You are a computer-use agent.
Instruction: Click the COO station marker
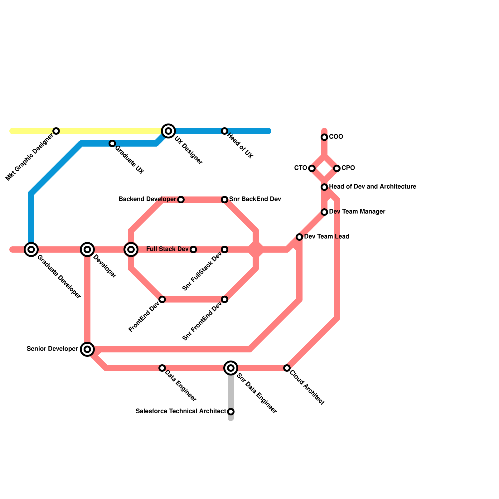[x=324, y=137]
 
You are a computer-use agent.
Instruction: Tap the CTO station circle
[x=312, y=168]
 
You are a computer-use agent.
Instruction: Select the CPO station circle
[x=337, y=168]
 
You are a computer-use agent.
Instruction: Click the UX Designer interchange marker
[x=168, y=131]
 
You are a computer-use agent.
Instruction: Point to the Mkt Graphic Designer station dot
[x=56, y=131]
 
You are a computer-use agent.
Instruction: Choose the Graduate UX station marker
[x=112, y=143]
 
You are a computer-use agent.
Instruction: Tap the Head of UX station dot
[x=225, y=131]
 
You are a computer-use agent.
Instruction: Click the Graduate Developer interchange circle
[x=31, y=249]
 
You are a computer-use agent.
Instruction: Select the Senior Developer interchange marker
[x=87, y=349]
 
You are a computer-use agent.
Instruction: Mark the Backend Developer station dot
[x=181, y=200]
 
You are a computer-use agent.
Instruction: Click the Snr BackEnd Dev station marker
[x=225, y=200]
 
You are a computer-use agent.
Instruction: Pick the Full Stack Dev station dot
[x=193, y=249]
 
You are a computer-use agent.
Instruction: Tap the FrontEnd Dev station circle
[x=162, y=299]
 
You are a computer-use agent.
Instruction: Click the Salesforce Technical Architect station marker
[x=231, y=412]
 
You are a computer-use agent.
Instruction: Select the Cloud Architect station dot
[x=287, y=368]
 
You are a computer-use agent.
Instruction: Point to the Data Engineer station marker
[x=162, y=368]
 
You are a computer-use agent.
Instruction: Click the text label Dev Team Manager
[x=357, y=212]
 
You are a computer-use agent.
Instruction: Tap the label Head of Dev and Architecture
[x=372, y=187]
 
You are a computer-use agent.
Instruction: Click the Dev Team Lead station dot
[x=299, y=237]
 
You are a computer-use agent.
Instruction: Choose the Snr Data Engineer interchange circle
[x=231, y=368]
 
